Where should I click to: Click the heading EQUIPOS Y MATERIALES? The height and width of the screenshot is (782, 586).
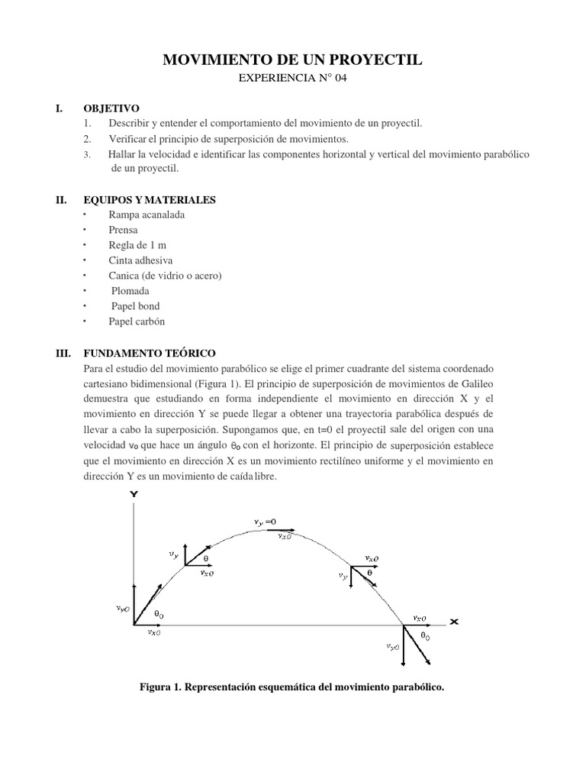click(x=163, y=200)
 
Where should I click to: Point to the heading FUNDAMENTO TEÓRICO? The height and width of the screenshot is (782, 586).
click(x=163, y=354)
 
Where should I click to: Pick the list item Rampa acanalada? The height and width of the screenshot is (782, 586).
click(x=146, y=215)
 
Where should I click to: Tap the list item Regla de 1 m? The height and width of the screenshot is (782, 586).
click(x=137, y=245)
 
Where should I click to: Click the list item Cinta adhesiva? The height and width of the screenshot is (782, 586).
click(x=141, y=260)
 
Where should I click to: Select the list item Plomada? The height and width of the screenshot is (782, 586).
click(x=130, y=291)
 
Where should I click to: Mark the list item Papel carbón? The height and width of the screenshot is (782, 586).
click(x=137, y=322)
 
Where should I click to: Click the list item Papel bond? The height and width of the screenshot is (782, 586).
click(x=136, y=306)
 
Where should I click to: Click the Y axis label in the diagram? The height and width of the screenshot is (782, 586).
click(x=134, y=495)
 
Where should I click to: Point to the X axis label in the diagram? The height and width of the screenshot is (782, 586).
click(x=454, y=622)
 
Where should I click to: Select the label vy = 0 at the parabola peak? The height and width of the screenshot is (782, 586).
click(x=266, y=522)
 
